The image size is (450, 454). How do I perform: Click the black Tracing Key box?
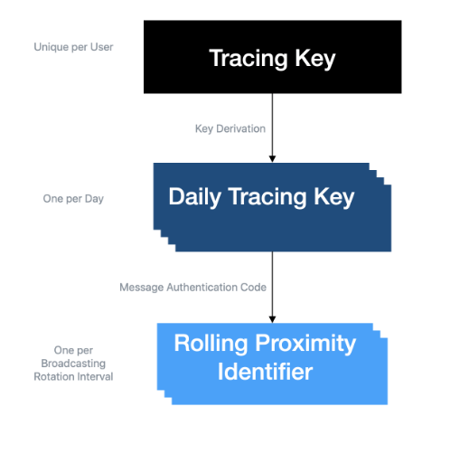point(272,57)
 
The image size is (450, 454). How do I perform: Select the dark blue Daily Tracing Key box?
point(272,207)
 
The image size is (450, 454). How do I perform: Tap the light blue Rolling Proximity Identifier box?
point(272,364)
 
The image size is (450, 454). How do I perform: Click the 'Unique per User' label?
point(73,47)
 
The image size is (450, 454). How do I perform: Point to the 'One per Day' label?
point(73,199)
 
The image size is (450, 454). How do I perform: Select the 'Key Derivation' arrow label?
point(230,128)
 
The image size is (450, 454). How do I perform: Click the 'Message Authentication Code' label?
point(192,288)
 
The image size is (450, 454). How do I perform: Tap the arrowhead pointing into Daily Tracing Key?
point(272,159)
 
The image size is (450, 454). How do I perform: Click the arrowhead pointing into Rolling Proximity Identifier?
point(272,319)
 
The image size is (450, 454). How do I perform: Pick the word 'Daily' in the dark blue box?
point(194,197)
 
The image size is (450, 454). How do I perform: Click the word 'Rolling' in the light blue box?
point(211,343)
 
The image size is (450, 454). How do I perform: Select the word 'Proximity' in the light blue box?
point(305,343)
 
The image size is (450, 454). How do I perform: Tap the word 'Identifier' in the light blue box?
point(265,372)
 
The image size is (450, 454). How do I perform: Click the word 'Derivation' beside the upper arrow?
point(241,128)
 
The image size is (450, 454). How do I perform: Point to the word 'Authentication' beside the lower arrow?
point(202,288)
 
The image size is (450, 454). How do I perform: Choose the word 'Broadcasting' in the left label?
point(73,364)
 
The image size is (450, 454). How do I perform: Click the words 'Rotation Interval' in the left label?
point(73,376)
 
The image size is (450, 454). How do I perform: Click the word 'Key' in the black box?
point(315,59)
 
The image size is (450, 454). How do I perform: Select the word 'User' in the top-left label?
point(102,47)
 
